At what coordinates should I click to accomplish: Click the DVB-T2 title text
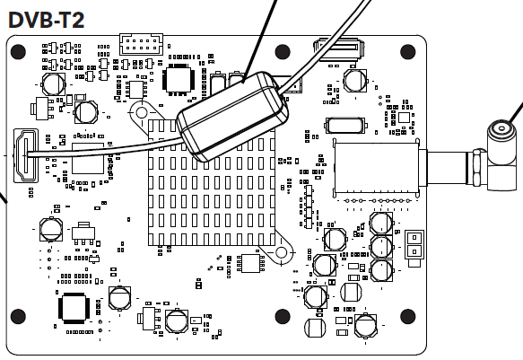coord(46,20)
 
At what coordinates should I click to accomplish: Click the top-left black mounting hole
coord(18,51)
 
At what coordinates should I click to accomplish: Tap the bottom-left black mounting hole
coord(18,316)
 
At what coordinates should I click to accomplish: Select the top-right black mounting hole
coord(407,51)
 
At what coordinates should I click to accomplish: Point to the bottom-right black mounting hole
coord(407,316)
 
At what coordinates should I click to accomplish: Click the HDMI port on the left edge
coord(26,155)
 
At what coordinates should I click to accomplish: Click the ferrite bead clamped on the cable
coord(232,116)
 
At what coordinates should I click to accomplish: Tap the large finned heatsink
coord(212,183)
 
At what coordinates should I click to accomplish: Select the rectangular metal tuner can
coord(376,168)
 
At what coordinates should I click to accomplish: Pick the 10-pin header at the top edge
coord(141,44)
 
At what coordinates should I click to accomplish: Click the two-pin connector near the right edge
coord(414,244)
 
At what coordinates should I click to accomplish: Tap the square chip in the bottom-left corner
coord(74,308)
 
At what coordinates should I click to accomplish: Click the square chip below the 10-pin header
coord(179,79)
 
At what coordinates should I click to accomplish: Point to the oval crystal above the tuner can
coord(344,126)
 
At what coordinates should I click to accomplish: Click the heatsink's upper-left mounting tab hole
coord(142,113)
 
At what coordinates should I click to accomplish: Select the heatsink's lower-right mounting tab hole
coord(281,252)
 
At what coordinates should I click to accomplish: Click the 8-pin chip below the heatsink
coord(250,263)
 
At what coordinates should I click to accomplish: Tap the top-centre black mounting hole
coord(283,51)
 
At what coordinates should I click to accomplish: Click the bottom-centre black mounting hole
coord(283,316)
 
